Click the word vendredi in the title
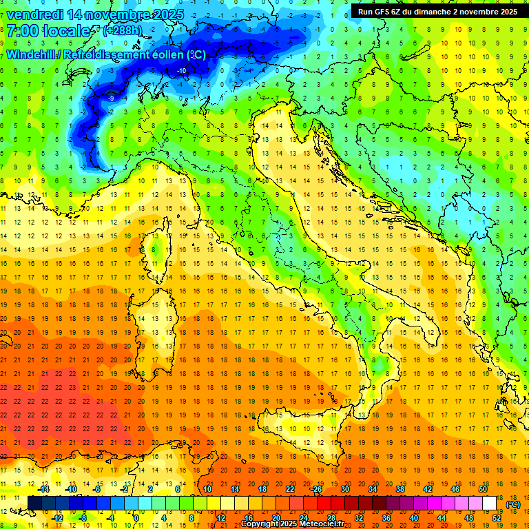point(35,14)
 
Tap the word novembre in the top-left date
point(116,14)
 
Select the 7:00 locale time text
point(48,31)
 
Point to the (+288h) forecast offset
point(123,31)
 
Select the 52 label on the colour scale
point(497,518)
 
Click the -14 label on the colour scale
point(44,489)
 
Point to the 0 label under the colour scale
point(136,518)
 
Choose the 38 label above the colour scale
point(400,489)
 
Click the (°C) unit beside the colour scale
point(512,504)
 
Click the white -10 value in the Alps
point(182,71)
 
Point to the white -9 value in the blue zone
point(111,98)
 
